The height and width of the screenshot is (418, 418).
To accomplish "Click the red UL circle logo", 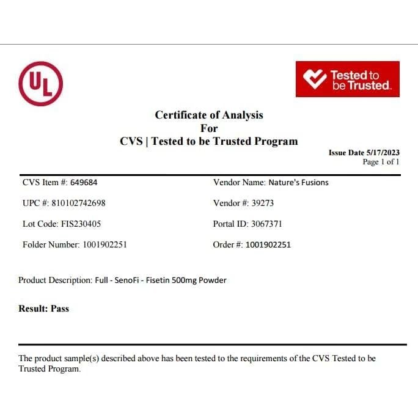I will click(x=41, y=84).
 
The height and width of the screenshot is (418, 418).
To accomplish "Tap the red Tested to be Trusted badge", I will click(x=347, y=79).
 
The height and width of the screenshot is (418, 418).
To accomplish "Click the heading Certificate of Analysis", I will click(x=209, y=115).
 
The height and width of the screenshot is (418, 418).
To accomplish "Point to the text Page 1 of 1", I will click(x=381, y=162).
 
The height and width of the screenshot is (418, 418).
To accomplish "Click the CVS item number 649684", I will click(x=84, y=182).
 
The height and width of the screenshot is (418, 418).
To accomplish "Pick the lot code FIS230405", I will click(x=81, y=224).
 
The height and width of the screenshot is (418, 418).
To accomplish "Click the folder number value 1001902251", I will click(x=105, y=244).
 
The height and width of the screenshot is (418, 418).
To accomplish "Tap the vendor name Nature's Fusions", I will click(x=298, y=182).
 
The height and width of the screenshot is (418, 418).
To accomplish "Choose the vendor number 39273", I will click(x=263, y=203).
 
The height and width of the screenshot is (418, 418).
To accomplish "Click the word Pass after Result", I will click(x=60, y=309).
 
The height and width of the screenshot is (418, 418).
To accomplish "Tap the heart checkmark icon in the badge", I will click(x=315, y=79).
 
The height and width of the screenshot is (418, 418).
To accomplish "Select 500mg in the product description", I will click(x=189, y=280).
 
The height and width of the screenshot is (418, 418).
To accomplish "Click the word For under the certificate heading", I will click(x=209, y=128).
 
